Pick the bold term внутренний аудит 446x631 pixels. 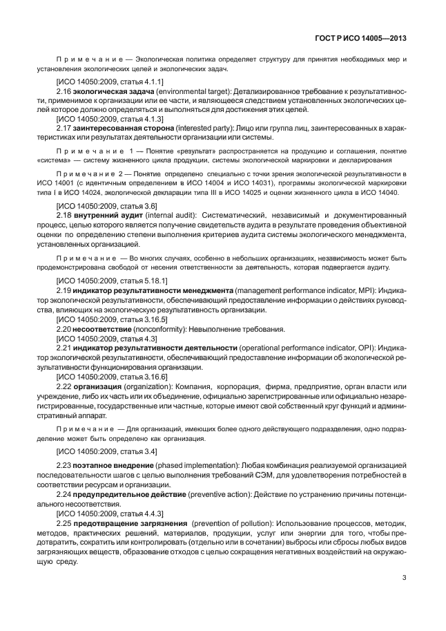[x=101, y=215]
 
